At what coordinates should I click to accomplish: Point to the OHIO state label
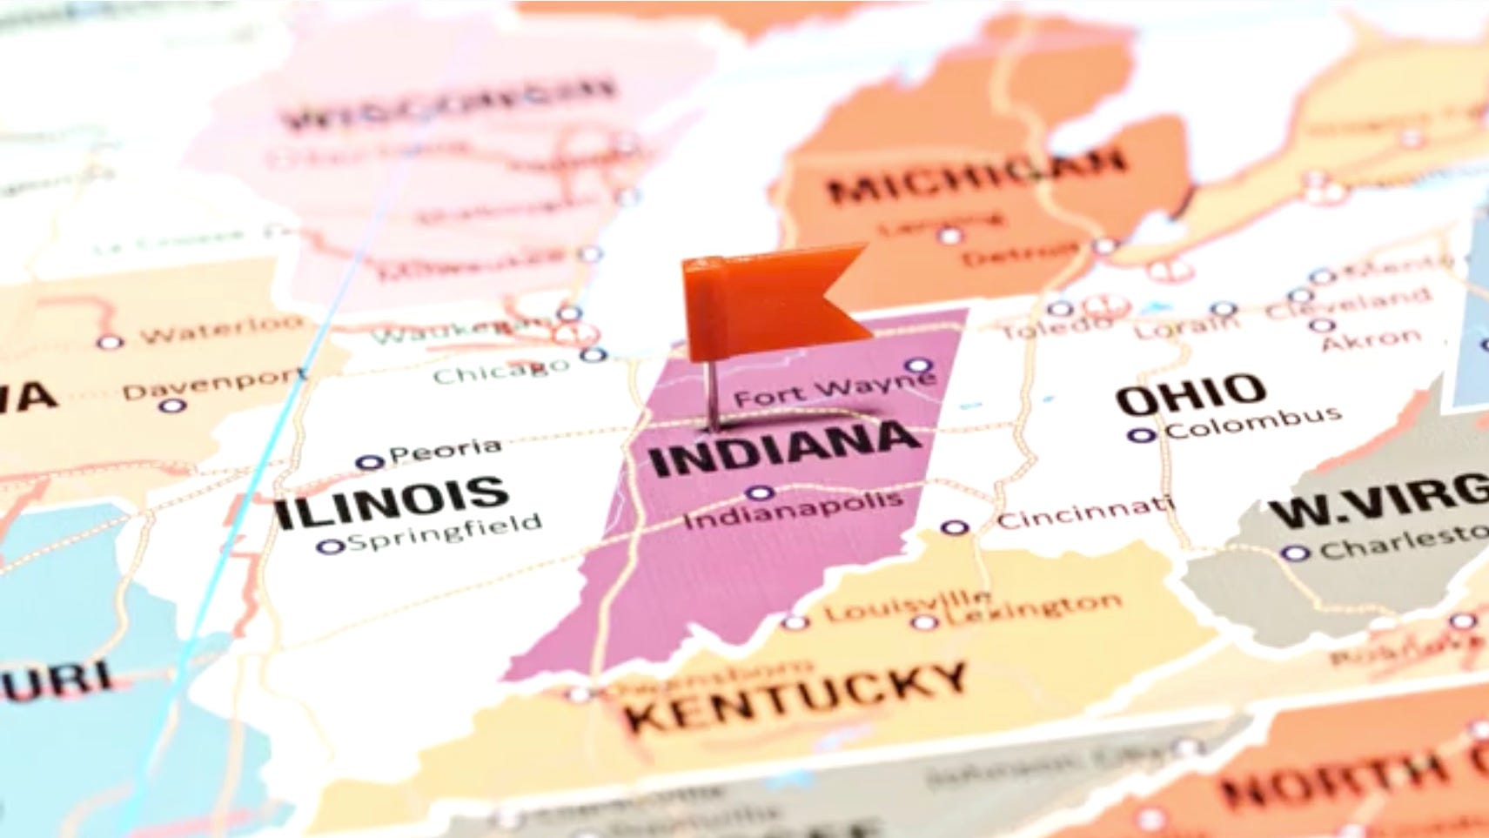click(1191, 395)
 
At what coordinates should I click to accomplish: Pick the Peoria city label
click(445, 451)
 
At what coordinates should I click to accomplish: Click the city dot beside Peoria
click(370, 462)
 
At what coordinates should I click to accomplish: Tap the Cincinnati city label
click(1083, 513)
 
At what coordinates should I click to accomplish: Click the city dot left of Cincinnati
click(955, 527)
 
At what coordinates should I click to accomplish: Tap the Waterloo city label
click(222, 331)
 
